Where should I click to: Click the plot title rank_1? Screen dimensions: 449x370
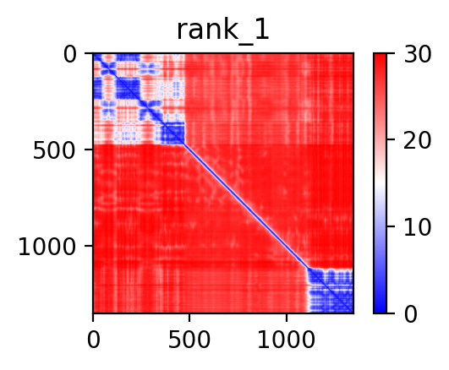222,31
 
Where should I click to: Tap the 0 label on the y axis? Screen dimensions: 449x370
70,54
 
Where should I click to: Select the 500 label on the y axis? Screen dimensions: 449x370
54,150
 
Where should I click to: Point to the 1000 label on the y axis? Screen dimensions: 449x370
47,247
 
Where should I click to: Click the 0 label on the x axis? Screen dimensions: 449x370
94,340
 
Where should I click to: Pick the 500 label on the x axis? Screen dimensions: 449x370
189,340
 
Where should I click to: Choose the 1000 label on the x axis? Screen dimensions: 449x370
287,340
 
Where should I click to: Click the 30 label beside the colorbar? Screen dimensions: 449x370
417,54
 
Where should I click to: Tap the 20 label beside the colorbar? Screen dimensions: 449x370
417,140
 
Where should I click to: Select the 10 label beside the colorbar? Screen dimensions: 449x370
417,227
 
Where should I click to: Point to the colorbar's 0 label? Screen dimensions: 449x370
411,314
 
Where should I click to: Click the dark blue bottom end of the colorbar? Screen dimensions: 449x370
380,310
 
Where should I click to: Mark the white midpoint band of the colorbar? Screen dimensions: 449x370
380,183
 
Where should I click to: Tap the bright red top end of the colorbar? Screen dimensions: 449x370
380,57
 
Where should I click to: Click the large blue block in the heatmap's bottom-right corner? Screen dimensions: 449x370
330,291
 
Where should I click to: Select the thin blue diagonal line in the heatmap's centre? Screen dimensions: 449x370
246,207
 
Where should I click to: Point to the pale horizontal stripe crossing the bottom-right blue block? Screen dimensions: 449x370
330,286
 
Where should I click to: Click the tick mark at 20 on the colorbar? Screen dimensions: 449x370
391,139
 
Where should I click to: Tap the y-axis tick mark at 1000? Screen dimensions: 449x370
89,246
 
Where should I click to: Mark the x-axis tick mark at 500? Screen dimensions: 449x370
189,318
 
